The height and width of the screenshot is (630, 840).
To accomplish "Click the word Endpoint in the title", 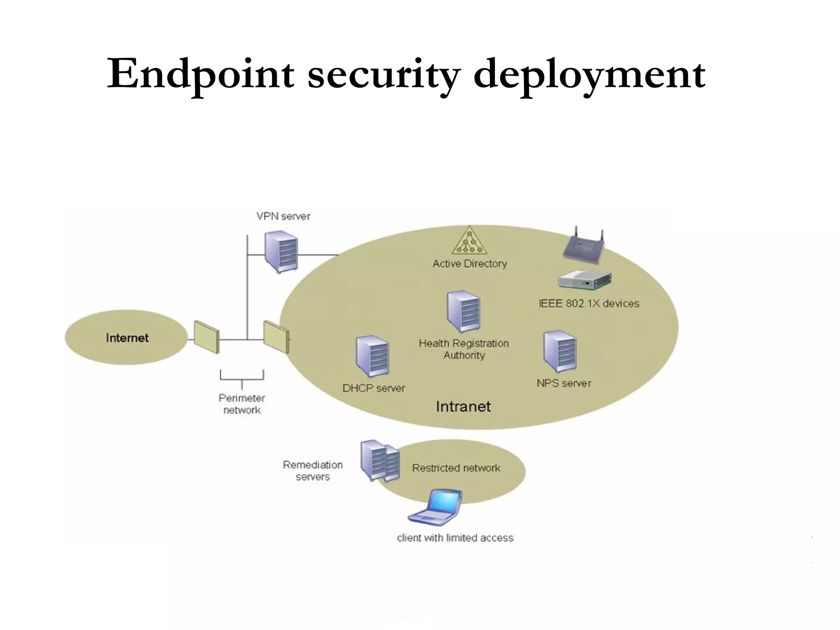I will click(x=200, y=74).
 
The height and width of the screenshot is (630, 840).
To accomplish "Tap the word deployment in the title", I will click(x=589, y=74).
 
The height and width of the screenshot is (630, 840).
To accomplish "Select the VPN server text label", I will click(x=283, y=216).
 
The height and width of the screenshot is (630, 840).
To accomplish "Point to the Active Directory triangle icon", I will click(x=470, y=242).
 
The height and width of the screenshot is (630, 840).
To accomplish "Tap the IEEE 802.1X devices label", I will click(x=589, y=304).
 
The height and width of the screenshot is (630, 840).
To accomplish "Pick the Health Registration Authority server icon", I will click(x=463, y=312).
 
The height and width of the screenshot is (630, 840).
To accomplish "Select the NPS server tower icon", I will click(x=560, y=352).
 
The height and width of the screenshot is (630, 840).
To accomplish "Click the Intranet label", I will click(x=463, y=406).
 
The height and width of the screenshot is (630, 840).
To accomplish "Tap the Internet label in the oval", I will click(x=127, y=338).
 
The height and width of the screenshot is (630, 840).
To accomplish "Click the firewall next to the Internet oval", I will click(x=206, y=337).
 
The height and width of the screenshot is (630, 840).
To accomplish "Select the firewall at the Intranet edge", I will click(x=276, y=337).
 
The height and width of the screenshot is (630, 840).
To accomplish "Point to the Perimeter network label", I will click(x=242, y=404).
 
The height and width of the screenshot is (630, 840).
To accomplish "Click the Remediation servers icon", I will click(x=380, y=461).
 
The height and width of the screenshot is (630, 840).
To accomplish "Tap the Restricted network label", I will click(x=456, y=468).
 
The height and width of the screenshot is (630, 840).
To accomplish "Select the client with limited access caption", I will click(x=455, y=538).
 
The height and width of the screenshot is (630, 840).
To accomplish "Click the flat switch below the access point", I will click(x=584, y=280).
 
